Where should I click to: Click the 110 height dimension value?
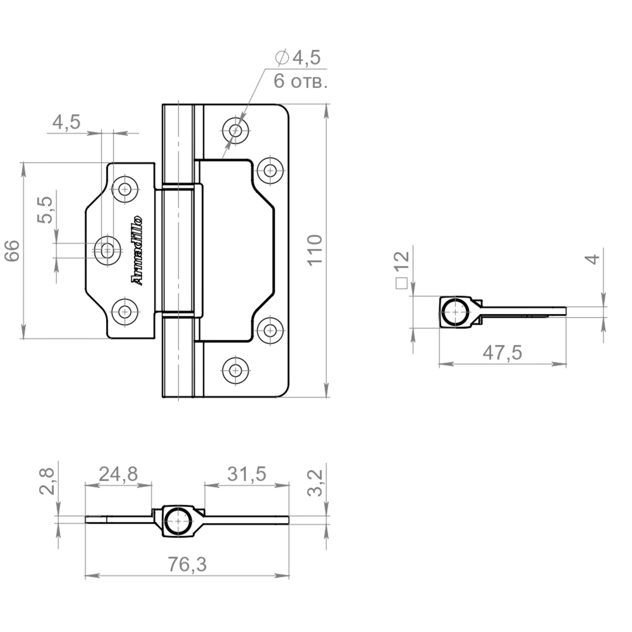pyautogui.click(x=315, y=250)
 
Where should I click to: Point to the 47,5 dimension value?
pyautogui.click(x=502, y=353)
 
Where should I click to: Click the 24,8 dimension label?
pyautogui.click(x=118, y=474)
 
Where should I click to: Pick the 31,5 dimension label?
pyautogui.click(x=247, y=474)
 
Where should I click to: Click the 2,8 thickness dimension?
pyautogui.click(x=46, y=481)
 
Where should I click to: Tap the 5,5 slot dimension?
pyautogui.click(x=45, y=210)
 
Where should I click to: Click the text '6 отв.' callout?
pyautogui.click(x=301, y=81)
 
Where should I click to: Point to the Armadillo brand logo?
pyautogui.click(x=137, y=250)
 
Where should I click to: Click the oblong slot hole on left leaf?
pyautogui.click(x=107, y=251)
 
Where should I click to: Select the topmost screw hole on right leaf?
pyautogui.click(x=235, y=131)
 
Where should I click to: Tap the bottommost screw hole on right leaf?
pyautogui.click(x=235, y=370)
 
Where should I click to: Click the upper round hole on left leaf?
pyautogui.click(x=124, y=189)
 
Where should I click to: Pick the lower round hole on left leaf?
pyautogui.click(x=124, y=312)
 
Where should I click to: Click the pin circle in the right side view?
pyautogui.click(x=455, y=312)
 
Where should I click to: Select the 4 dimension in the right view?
pyautogui.click(x=593, y=259)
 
